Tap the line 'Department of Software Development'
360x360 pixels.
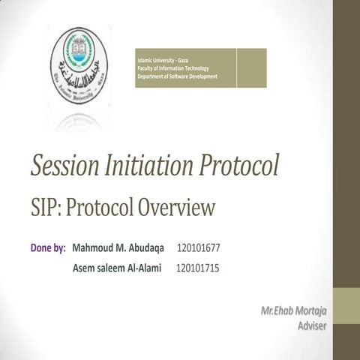[x=178, y=76]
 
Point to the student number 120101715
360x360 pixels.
[x=197, y=267]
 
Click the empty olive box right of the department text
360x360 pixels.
[x=251, y=67]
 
